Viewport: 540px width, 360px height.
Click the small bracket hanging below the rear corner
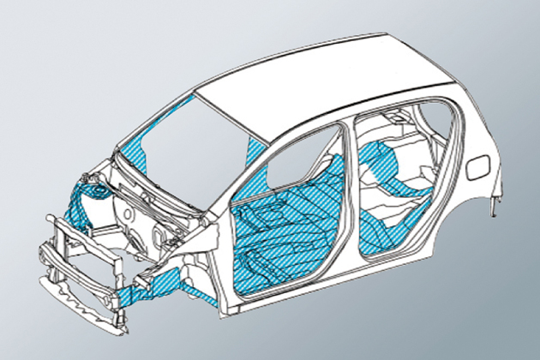tap(495, 207)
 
